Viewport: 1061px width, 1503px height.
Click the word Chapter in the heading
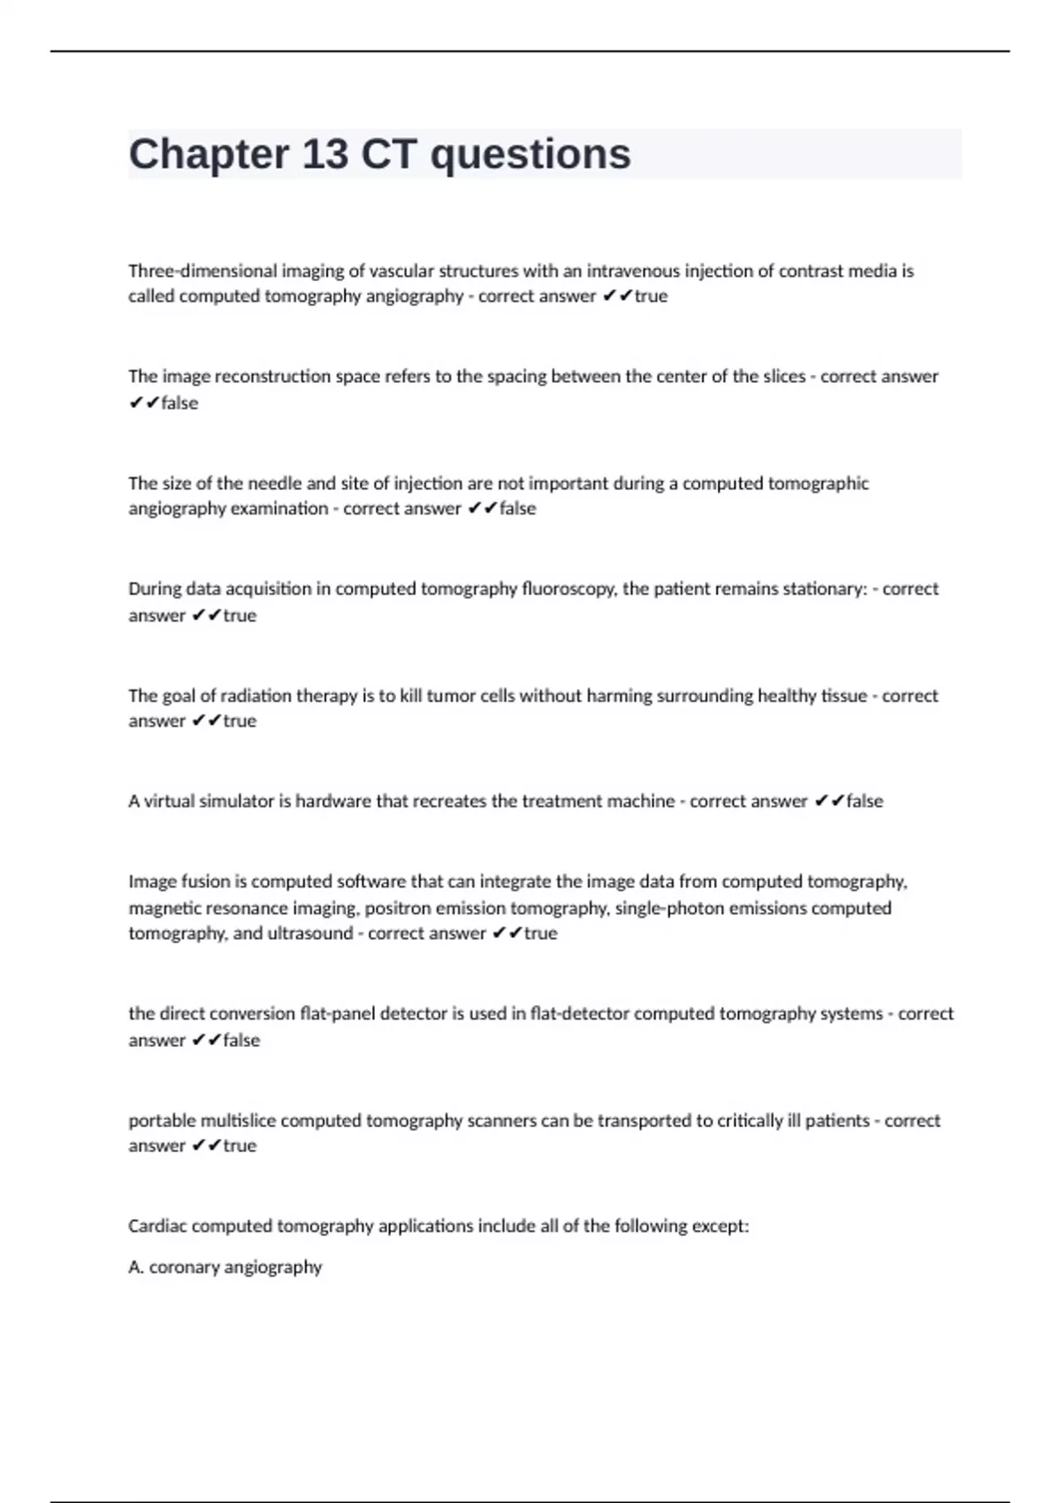click(209, 155)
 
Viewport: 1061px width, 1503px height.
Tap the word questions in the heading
click(530, 155)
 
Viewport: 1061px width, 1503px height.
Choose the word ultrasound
click(310, 934)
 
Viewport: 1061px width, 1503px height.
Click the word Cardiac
click(157, 1226)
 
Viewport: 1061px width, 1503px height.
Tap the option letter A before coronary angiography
click(135, 1268)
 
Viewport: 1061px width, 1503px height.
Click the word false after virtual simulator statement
click(865, 801)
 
